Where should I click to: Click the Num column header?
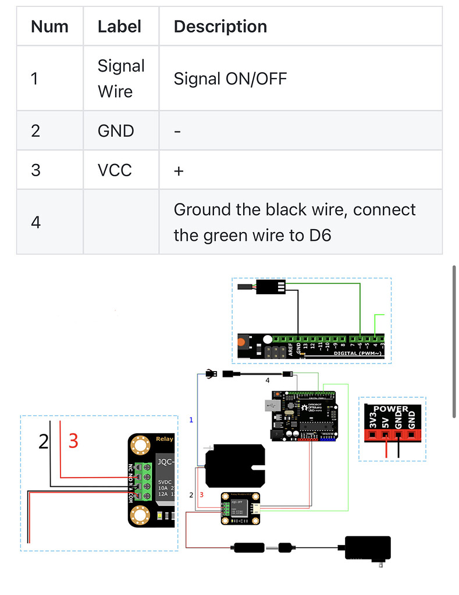49,26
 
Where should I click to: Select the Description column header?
220,26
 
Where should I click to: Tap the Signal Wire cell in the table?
120,79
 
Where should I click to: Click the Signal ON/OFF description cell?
230,79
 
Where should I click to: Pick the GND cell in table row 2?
115,131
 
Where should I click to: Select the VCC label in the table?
115,170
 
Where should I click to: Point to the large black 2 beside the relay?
44,442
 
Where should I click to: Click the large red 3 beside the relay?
73,441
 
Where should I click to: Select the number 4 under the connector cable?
268,380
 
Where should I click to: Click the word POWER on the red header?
391,409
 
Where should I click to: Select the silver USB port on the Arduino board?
269,405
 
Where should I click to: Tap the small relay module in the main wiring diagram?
240,508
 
